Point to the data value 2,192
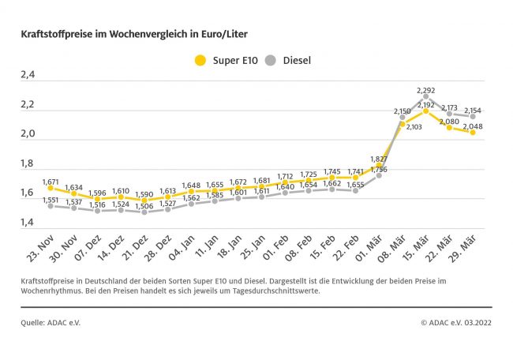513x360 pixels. coord(426,104)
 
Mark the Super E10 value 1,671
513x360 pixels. coord(51,181)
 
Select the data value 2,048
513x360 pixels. coord(473,126)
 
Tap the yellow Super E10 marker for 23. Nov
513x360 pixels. coord(51,188)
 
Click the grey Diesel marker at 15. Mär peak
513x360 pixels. coord(426,96)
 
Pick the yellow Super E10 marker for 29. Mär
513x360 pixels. coord(473,133)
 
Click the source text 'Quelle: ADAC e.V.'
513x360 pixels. coord(51,322)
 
